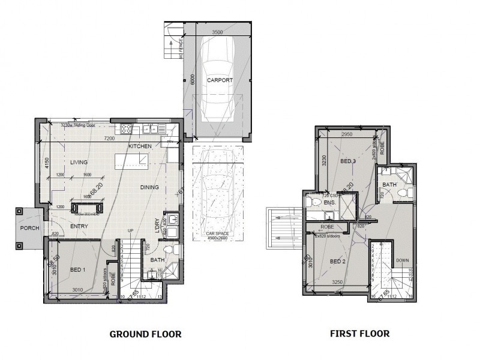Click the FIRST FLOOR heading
(x=360, y=333)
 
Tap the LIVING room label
(x=79, y=163)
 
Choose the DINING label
(x=149, y=187)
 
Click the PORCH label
(x=28, y=228)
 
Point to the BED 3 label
(x=348, y=162)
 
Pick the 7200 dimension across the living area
(x=109, y=139)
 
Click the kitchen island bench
(x=131, y=160)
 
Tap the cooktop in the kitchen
(x=127, y=128)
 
